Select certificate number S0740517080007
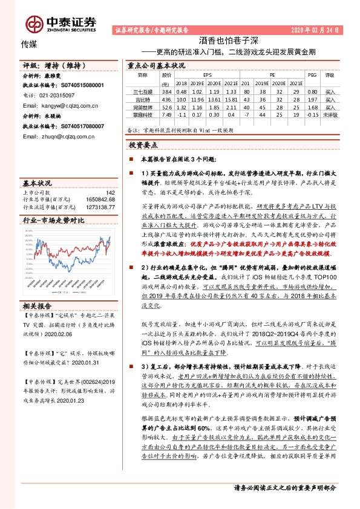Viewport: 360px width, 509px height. point(74,126)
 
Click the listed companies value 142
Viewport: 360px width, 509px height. point(110,193)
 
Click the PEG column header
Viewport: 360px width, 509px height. point(312,75)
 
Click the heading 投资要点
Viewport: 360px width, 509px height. point(143,145)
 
